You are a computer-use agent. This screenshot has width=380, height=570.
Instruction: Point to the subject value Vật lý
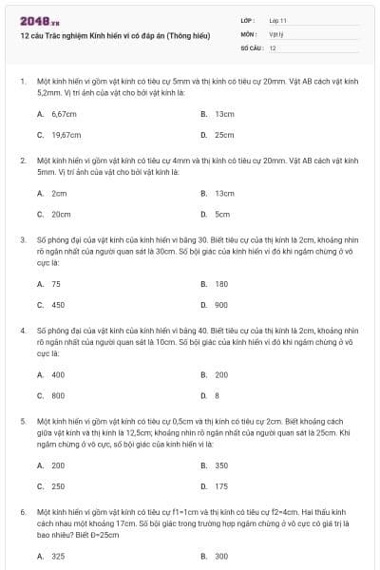click(x=276, y=33)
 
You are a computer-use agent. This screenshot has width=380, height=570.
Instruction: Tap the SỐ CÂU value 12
click(x=273, y=47)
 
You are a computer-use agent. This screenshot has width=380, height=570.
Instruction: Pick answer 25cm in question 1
click(x=224, y=135)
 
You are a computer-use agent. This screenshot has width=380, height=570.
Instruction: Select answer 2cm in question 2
click(x=60, y=193)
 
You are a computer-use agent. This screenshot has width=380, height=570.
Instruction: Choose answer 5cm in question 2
click(x=222, y=215)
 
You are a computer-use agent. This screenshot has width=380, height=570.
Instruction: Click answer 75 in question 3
click(x=57, y=283)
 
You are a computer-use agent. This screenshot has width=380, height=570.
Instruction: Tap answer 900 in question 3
click(x=221, y=305)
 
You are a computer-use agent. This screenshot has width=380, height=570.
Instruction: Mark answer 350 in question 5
click(x=221, y=465)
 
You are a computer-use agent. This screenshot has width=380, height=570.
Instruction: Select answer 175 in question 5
click(x=221, y=486)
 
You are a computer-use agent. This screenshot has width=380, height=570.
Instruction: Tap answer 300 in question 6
click(x=221, y=556)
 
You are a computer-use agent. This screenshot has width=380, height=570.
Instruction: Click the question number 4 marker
click(x=22, y=330)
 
